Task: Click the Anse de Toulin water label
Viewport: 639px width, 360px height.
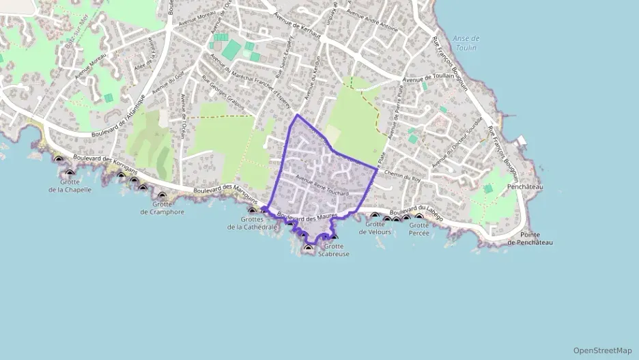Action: point(466,43)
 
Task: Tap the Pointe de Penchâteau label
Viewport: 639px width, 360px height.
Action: point(530,238)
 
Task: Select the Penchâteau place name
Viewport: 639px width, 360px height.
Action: point(525,186)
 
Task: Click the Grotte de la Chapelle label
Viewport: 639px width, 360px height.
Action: point(70,185)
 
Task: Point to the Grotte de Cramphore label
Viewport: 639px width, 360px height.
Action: point(162,208)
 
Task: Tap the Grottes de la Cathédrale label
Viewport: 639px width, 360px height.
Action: point(252,223)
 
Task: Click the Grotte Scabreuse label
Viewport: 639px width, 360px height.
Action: point(334,250)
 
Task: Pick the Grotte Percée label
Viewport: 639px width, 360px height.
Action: point(419,229)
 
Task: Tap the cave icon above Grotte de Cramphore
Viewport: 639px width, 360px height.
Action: point(162,195)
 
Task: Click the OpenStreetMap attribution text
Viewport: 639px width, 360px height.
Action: point(602,350)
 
